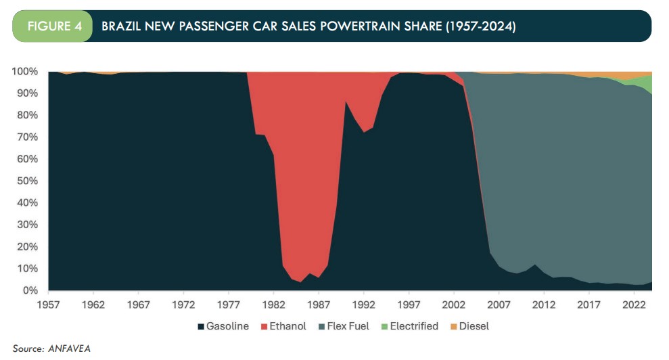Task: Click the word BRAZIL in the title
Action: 121,26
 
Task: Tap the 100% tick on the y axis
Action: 26,72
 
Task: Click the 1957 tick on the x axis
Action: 49,304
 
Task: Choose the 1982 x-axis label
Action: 274,304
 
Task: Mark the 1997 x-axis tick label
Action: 409,304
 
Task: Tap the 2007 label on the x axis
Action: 499,304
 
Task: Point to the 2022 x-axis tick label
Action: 634,304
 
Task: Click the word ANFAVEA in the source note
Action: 69,348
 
